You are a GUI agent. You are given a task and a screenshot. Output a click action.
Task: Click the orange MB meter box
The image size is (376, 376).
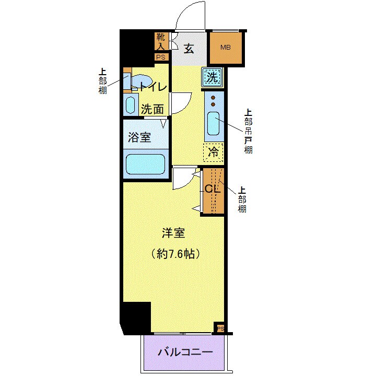(x=226, y=48)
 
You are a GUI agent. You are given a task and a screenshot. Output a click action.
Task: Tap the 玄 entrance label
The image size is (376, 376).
(x=189, y=49)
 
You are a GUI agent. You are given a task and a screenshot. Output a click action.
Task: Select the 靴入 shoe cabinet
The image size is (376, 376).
(x=160, y=42)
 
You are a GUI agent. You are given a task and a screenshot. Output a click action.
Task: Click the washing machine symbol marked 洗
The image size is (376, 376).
(x=211, y=77)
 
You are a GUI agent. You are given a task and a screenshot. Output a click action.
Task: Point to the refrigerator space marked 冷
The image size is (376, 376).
(x=214, y=153)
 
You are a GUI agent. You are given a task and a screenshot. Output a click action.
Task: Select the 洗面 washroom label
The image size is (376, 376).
(x=152, y=110)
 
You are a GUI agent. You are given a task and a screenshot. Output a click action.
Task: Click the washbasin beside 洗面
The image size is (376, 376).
(x=131, y=104)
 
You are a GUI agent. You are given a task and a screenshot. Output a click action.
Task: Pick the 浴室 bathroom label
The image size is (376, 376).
(x=140, y=137)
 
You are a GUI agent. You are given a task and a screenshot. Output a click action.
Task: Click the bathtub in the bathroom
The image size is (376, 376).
(x=146, y=163)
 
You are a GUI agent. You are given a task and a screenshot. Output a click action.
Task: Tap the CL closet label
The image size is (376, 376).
(x=211, y=189)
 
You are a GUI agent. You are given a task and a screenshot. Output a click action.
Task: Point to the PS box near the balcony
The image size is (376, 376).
(x=220, y=328)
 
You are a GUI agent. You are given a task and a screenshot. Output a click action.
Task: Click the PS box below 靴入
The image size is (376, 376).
(x=160, y=57)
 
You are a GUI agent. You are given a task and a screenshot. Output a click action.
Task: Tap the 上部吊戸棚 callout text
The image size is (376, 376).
(x=248, y=131)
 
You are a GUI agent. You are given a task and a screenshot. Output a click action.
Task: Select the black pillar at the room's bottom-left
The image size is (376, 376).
(x=135, y=318)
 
